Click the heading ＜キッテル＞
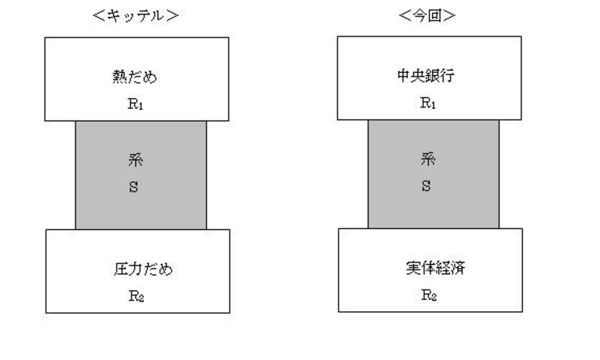click(136, 16)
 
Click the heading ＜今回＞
click(427, 16)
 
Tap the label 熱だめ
click(134, 77)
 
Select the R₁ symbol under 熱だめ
click(135, 104)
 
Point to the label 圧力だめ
click(143, 269)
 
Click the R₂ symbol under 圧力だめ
click(136, 296)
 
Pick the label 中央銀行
click(426, 76)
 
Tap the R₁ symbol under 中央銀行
click(428, 103)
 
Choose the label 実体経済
click(436, 268)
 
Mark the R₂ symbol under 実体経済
click(429, 295)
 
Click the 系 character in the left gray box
click(135, 160)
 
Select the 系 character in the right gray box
click(428, 159)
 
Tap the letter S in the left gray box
click(133, 187)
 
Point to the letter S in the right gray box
click(426, 186)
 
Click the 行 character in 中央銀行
click(448, 76)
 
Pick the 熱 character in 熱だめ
click(120, 77)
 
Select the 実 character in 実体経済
click(413, 268)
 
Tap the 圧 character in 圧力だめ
click(121, 269)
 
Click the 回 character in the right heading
click(435, 16)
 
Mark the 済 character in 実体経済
click(458, 268)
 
